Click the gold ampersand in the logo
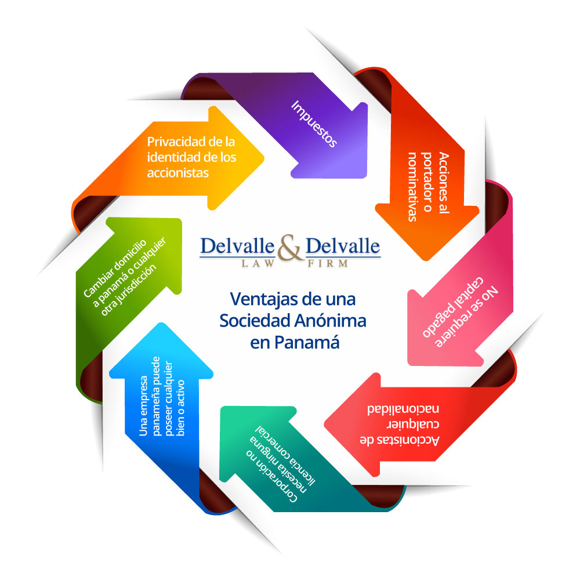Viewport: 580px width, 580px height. point(291,248)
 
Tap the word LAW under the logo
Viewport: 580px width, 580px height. point(258,263)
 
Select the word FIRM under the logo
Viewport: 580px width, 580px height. point(328,263)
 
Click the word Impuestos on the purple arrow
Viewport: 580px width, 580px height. point(314,124)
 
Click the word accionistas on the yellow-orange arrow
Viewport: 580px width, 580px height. point(178,173)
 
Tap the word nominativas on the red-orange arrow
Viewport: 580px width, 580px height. point(412,187)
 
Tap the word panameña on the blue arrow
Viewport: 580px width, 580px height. point(156,396)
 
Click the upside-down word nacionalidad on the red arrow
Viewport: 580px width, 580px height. point(403,409)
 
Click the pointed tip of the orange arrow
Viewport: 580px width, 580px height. point(263,158)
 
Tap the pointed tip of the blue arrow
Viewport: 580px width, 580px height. point(161,323)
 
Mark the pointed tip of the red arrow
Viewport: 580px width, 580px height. point(325,424)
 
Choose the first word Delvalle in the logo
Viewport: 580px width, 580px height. point(237,246)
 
